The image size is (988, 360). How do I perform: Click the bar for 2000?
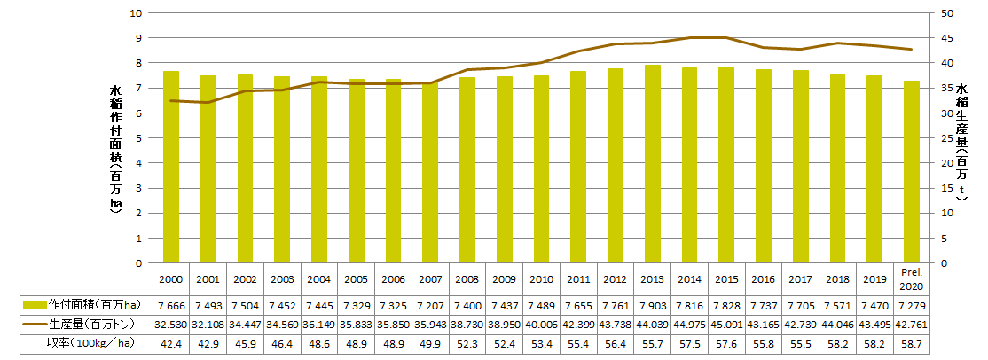pos(171,167)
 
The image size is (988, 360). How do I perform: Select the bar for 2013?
pos(652,164)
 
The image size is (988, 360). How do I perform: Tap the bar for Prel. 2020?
pos(912,172)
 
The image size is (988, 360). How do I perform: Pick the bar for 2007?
pos(430,173)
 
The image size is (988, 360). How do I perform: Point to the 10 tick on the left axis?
pos(136,13)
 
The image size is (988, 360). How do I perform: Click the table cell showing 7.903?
pos(652,305)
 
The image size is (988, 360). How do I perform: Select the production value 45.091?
pos(726,324)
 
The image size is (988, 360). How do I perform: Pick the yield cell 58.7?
pos(912,342)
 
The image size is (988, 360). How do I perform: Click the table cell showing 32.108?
pos(208,324)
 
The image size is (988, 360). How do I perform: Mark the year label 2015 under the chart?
pos(726,278)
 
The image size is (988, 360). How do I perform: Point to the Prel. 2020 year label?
pos(912,278)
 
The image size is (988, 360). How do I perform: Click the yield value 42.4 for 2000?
pos(171,342)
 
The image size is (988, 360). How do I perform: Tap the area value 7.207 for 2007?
pos(430,305)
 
